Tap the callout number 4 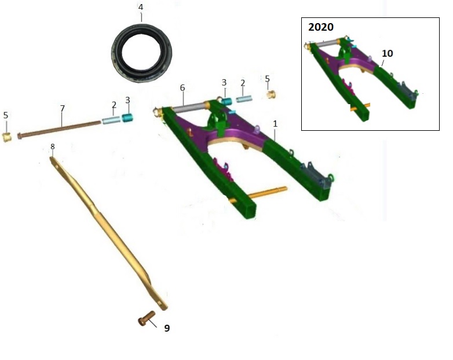tap(141, 7)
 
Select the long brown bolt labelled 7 tap(59, 129)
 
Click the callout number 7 tap(63, 109)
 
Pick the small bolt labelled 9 tap(147, 318)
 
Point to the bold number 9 tap(167, 328)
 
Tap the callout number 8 tap(53, 146)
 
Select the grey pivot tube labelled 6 tap(190, 107)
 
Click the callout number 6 tap(182, 88)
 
